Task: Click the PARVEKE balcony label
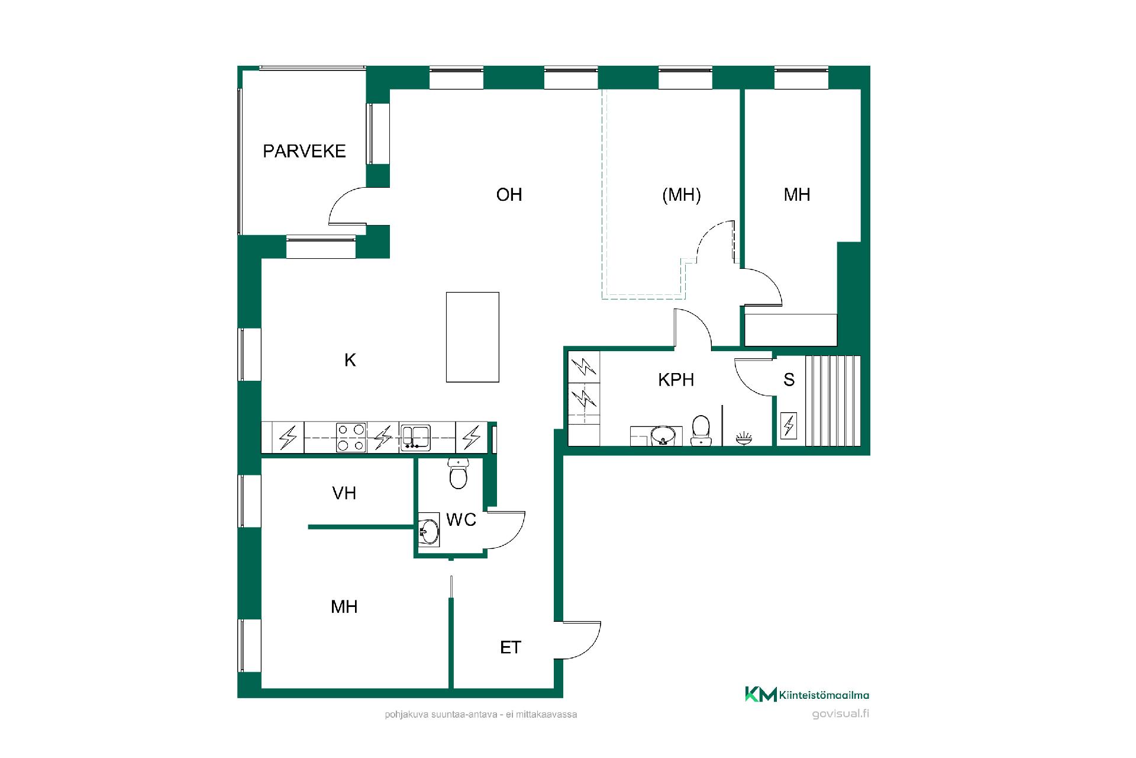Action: (x=304, y=151)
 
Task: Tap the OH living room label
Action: (x=509, y=195)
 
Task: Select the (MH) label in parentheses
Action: (x=681, y=195)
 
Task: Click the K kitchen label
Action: (x=350, y=360)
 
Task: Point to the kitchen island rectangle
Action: (x=472, y=337)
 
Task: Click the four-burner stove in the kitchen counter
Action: (x=350, y=438)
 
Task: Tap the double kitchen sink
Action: (x=415, y=438)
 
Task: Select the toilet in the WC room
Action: (x=458, y=473)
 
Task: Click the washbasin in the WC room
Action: (x=428, y=529)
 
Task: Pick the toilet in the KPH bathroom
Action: (x=701, y=430)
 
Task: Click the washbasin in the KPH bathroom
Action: (x=662, y=436)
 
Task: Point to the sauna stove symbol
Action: (x=788, y=426)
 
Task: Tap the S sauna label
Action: (x=789, y=380)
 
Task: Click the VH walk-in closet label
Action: (x=344, y=493)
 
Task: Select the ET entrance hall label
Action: (x=510, y=647)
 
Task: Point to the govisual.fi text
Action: (x=841, y=713)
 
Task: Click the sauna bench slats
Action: (x=832, y=400)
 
